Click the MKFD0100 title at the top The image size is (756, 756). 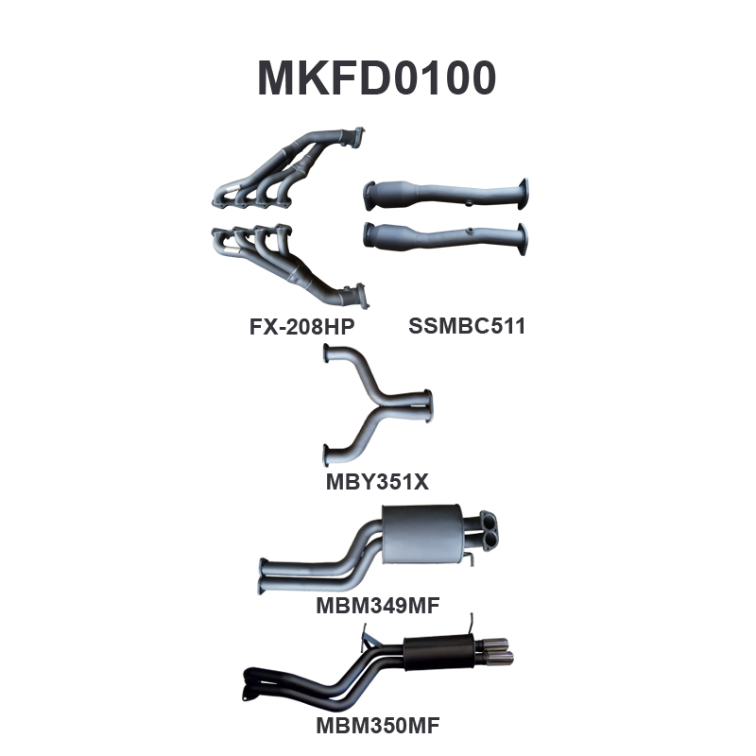tap(377, 78)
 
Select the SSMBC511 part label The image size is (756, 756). tap(466, 327)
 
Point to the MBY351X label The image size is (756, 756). tap(377, 481)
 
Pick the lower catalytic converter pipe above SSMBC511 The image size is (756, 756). tap(444, 233)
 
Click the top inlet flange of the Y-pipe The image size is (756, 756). tap(327, 354)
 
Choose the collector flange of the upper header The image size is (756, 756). tap(355, 138)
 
